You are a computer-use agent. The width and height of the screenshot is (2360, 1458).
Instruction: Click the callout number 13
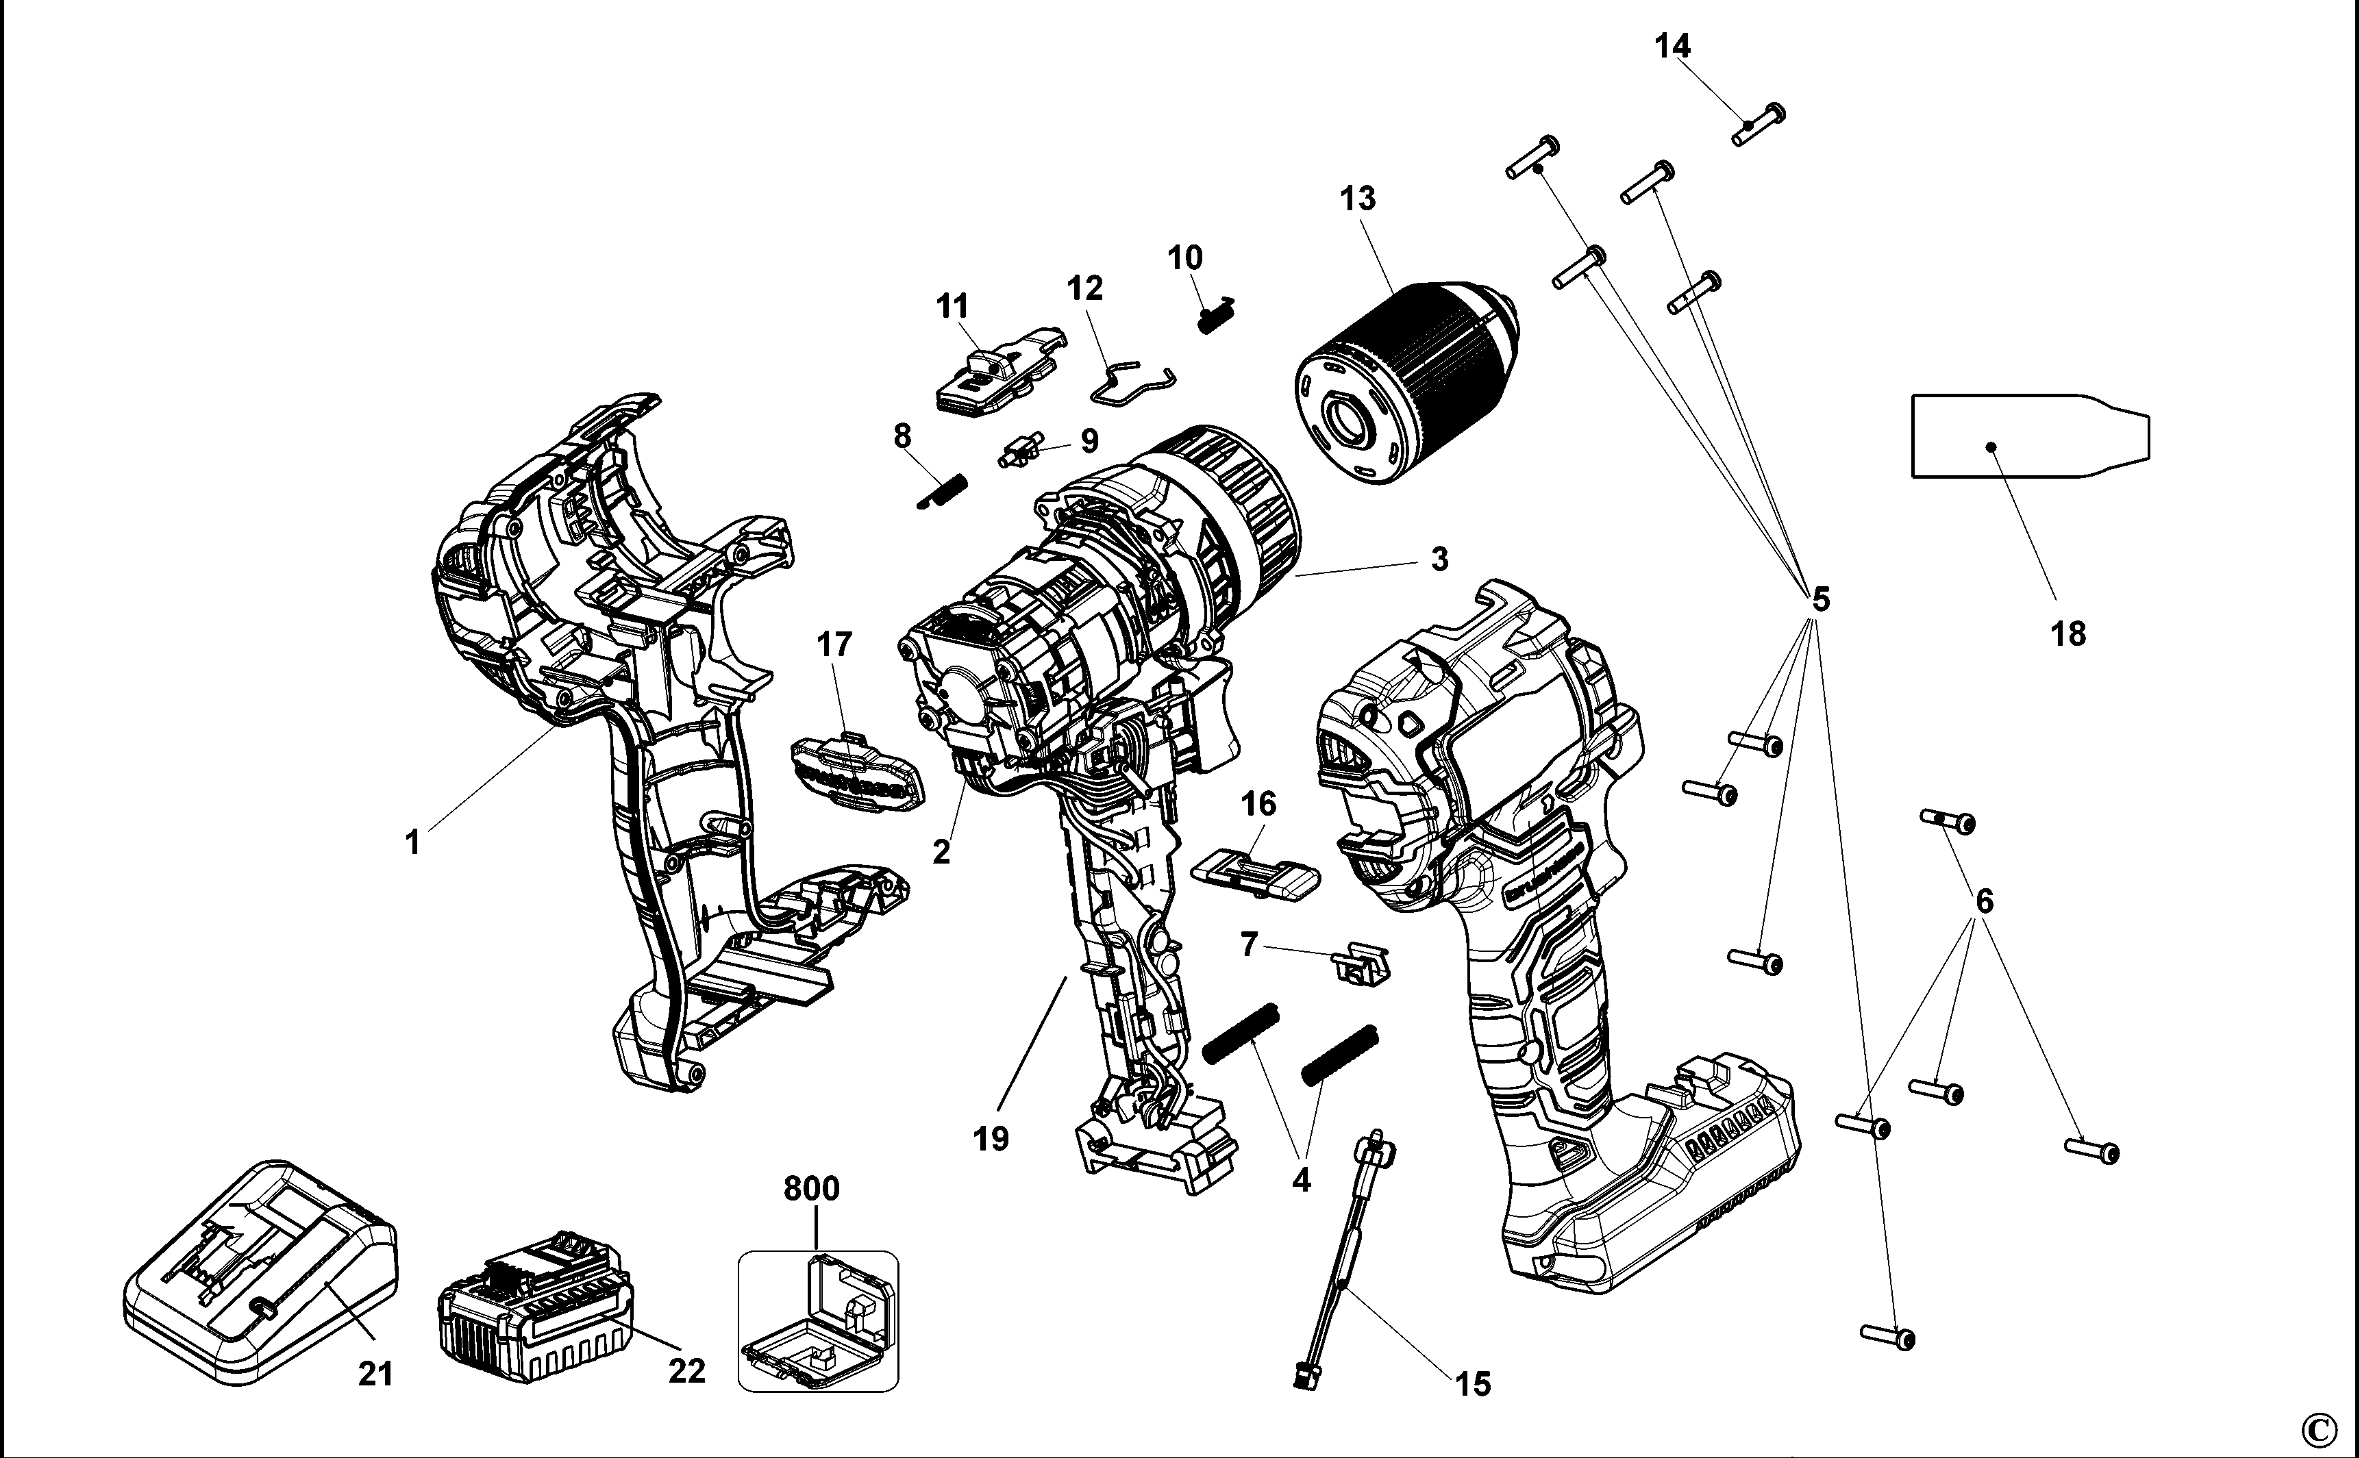pyautogui.click(x=1357, y=199)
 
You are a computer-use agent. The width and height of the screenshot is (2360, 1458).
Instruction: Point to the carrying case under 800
pyautogui.click(x=818, y=1322)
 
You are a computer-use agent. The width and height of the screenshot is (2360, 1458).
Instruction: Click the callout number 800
pyautogui.click(x=811, y=1189)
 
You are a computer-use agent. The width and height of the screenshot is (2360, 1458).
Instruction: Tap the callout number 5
pyautogui.click(x=1820, y=599)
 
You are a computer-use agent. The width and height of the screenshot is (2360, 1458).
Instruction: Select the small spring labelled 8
pyautogui.click(x=941, y=491)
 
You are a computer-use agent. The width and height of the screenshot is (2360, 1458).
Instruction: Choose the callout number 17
pyautogui.click(x=834, y=644)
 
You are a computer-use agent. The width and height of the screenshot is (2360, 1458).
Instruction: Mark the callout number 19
pyautogui.click(x=991, y=1139)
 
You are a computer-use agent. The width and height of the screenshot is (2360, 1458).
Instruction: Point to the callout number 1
pyautogui.click(x=413, y=843)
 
